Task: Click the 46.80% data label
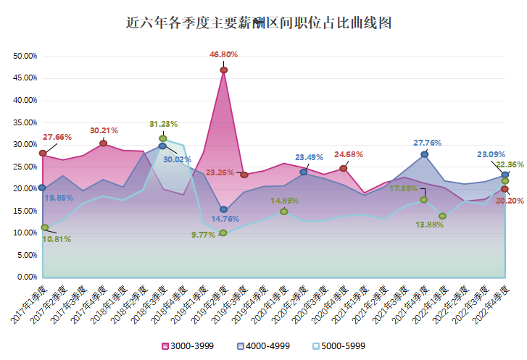224,54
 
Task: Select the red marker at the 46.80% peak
224,70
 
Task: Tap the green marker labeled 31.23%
163,138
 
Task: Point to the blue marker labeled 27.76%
425,154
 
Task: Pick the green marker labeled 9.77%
223,233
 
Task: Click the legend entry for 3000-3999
186,346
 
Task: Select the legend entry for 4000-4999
264,346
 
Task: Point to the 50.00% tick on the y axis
25,56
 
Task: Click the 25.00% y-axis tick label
25,167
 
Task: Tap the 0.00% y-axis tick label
28,277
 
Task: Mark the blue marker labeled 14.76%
224,209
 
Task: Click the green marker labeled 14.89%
284,212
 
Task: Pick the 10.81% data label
57,239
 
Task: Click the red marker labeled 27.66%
43,154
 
